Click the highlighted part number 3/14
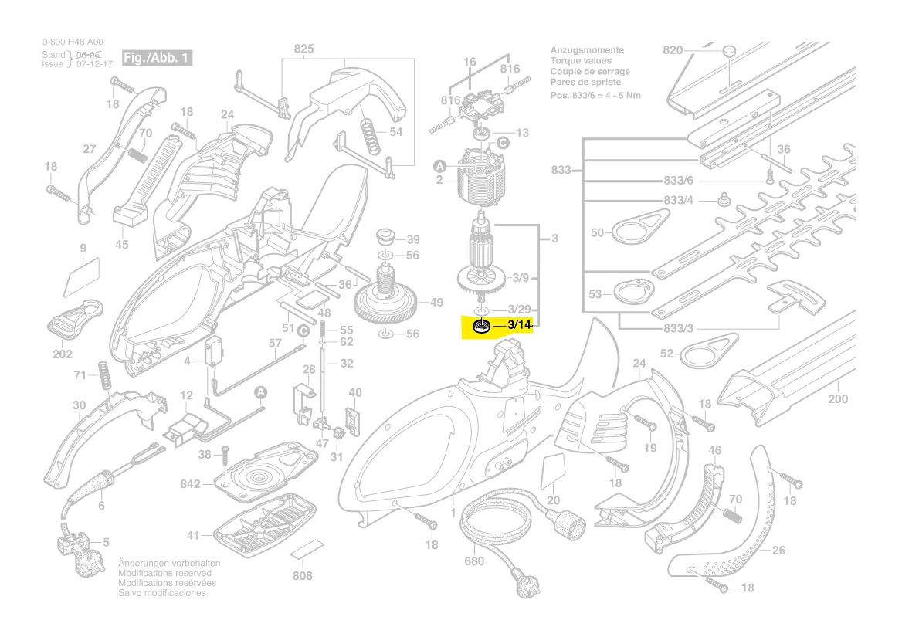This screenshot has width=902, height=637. pyautogui.click(x=519, y=326)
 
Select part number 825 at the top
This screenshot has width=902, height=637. pyautogui.click(x=303, y=50)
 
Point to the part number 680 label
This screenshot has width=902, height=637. pyautogui.click(x=474, y=561)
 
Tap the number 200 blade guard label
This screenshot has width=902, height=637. pyautogui.click(x=837, y=399)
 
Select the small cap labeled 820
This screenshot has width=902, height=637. pyautogui.click(x=727, y=51)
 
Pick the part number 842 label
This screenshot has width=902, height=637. pyautogui.click(x=191, y=484)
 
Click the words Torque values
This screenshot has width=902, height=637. pyautogui.click(x=580, y=61)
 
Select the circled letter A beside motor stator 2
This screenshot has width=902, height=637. pyautogui.click(x=439, y=166)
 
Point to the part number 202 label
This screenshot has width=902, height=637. pyautogui.click(x=63, y=354)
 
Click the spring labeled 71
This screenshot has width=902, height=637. pyautogui.click(x=103, y=375)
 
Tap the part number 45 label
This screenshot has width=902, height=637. pyautogui.click(x=122, y=245)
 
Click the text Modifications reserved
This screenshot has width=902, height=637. pyautogui.click(x=168, y=574)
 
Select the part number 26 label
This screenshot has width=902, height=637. pyautogui.click(x=778, y=551)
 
